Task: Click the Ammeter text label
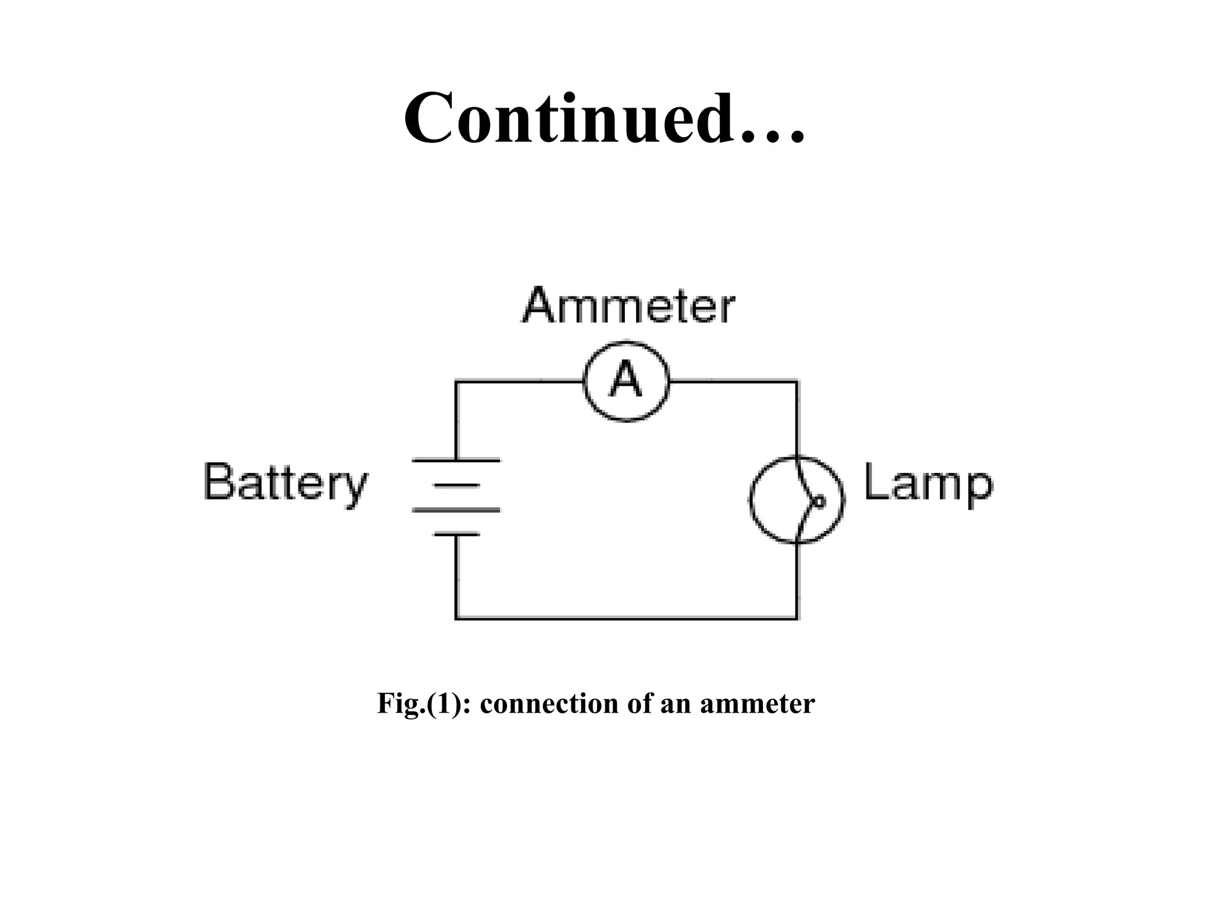coord(628,306)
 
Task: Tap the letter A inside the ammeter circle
coord(626,380)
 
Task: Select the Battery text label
coord(285,482)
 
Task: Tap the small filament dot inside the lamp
coord(819,501)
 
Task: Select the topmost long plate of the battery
coord(456,460)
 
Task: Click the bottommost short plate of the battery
coord(456,534)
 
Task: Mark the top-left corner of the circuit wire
coord(456,382)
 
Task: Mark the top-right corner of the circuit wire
coord(797,382)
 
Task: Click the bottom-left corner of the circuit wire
coord(456,618)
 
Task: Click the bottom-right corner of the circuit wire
coord(797,618)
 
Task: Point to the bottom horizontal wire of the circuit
coord(626,618)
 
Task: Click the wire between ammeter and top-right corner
coord(733,382)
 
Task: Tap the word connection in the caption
coord(549,704)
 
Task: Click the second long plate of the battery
coord(456,510)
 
